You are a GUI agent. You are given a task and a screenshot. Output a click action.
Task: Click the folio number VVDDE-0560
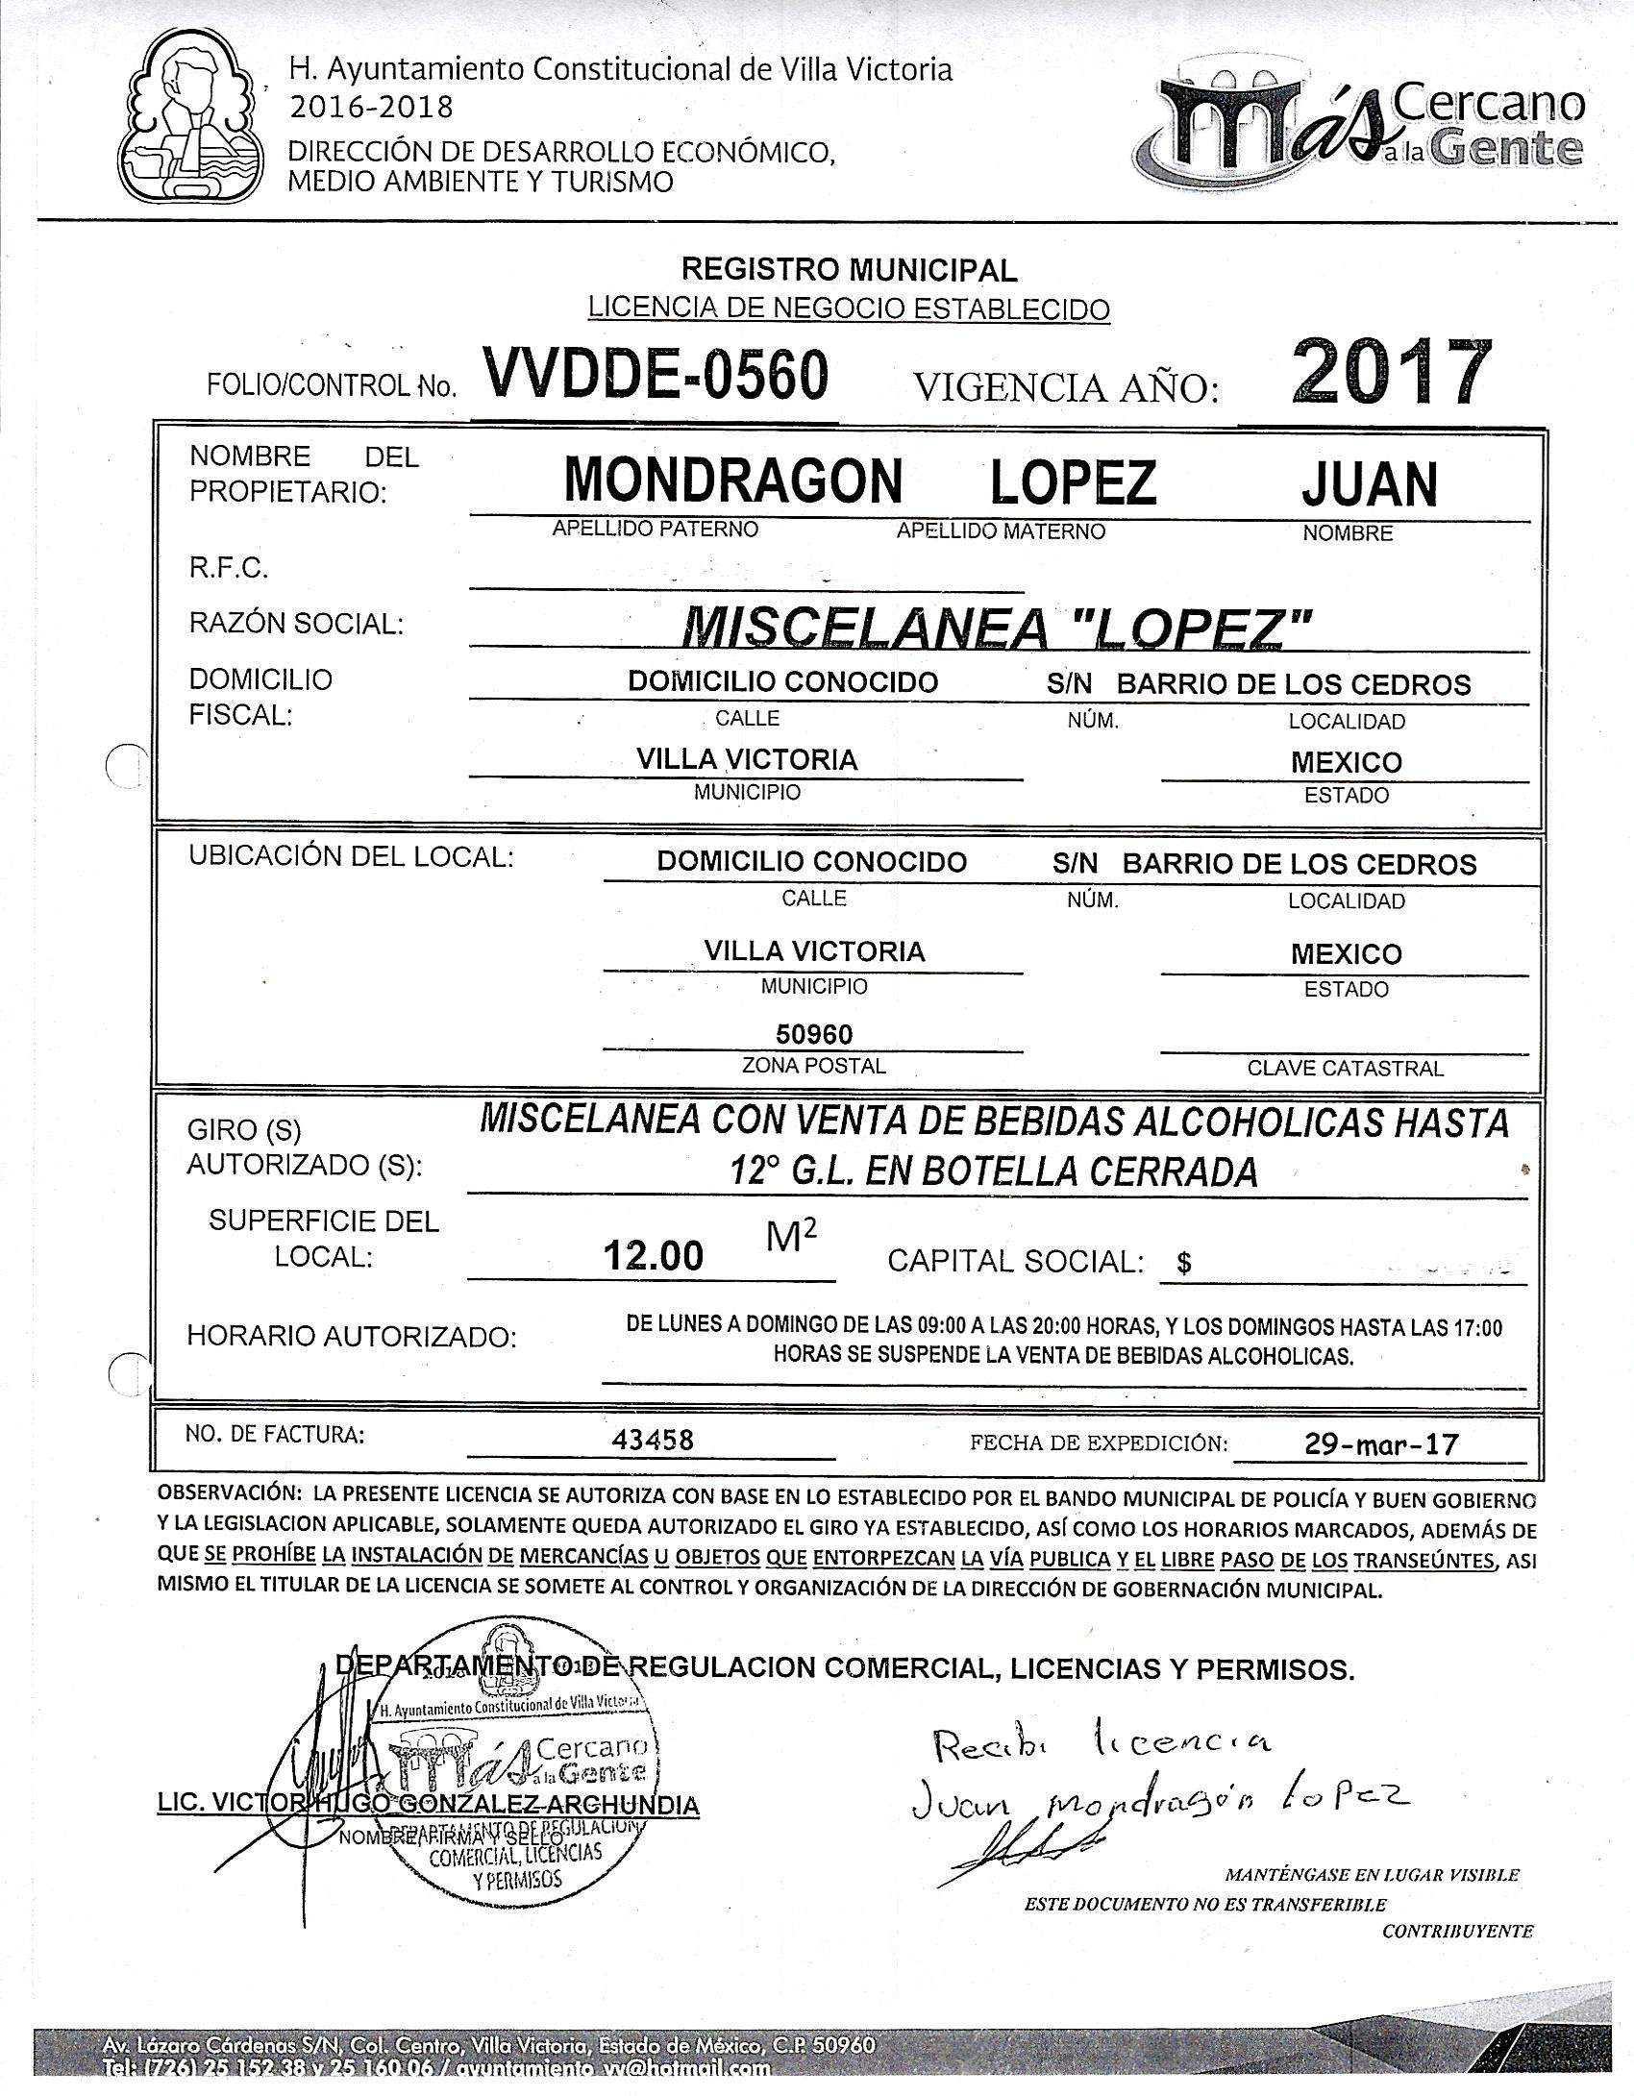pyautogui.click(x=656, y=376)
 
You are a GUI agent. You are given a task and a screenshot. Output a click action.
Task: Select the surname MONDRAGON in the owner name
pyautogui.click(x=732, y=481)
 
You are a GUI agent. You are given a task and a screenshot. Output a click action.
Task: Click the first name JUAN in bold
pyautogui.click(x=1369, y=484)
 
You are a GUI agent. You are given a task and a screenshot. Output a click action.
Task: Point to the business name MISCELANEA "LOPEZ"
pyautogui.click(x=996, y=629)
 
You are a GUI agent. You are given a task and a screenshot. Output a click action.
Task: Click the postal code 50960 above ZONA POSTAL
pyautogui.click(x=814, y=1034)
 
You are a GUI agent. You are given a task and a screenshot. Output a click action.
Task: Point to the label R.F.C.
pyautogui.click(x=229, y=569)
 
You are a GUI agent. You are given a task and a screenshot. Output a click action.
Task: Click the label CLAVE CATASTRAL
pyautogui.click(x=1345, y=1068)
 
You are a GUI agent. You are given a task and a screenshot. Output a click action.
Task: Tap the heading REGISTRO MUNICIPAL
pyautogui.click(x=849, y=271)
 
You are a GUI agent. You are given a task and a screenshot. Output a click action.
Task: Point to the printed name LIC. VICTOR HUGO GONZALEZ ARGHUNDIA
pyautogui.click(x=429, y=1805)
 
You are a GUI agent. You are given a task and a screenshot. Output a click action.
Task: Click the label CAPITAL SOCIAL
pyautogui.click(x=1015, y=1261)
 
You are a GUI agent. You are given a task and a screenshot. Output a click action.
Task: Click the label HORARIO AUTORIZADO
pyautogui.click(x=352, y=1336)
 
